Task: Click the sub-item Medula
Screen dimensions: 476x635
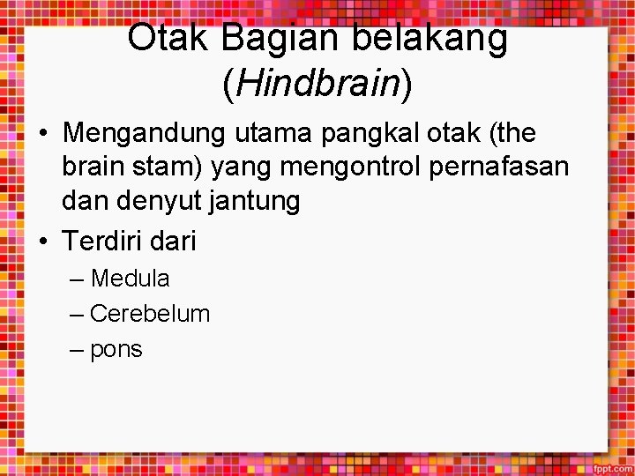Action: coord(130,279)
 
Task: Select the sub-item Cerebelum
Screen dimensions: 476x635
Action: coord(150,314)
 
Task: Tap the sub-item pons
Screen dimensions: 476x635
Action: coord(116,350)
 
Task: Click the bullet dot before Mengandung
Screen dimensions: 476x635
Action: coord(43,135)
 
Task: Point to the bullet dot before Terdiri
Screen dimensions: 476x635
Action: coord(43,241)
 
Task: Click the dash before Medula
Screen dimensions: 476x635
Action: coord(77,279)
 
